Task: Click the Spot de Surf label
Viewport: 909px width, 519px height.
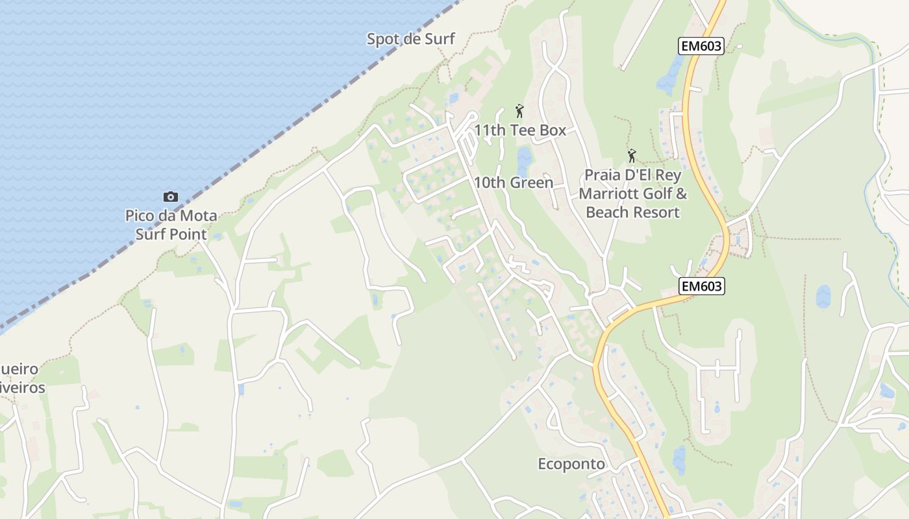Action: coord(411,39)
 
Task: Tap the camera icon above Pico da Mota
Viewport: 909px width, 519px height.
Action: coord(171,197)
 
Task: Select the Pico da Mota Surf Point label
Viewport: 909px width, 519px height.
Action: coord(171,224)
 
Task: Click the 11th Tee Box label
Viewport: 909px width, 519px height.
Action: coord(520,130)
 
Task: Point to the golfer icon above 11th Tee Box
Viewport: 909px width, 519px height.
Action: coord(519,111)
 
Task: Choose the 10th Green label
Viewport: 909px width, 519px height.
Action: coord(514,183)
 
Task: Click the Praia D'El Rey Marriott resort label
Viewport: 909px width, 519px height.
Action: coord(633,193)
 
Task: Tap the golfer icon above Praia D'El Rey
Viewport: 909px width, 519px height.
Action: coord(632,156)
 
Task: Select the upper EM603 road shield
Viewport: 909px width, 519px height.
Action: coord(701,46)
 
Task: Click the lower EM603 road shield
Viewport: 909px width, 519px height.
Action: coord(702,286)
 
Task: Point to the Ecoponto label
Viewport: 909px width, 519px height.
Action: coord(571,465)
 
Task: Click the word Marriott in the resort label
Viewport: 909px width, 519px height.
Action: coord(608,193)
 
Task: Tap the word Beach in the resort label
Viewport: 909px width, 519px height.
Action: coord(608,212)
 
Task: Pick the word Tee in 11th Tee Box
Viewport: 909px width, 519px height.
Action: coord(523,130)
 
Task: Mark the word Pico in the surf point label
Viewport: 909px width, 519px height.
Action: coord(139,215)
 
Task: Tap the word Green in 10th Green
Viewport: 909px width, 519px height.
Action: coord(531,183)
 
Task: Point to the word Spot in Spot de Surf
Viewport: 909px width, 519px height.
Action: coord(382,39)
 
